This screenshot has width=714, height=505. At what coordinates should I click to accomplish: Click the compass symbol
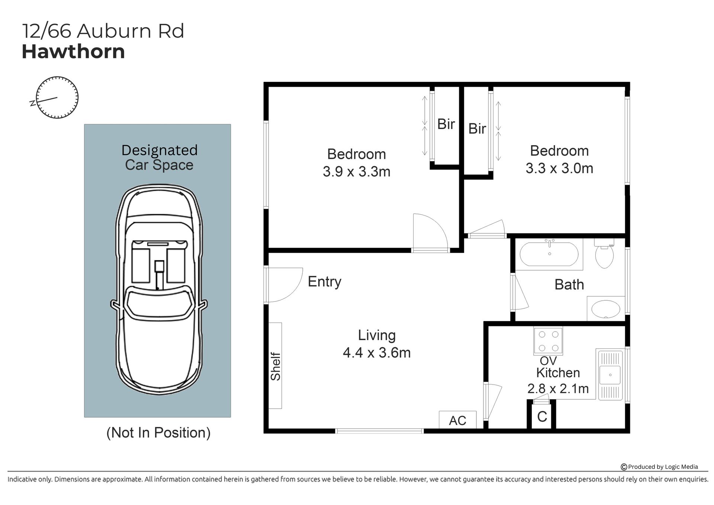[57, 98]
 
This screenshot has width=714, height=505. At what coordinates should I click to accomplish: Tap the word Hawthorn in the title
[73, 51]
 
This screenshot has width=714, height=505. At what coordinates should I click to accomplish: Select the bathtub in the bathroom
[549, 254]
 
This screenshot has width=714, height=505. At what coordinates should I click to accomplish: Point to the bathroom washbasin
[606, 309]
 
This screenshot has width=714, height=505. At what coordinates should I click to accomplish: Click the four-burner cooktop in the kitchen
[548, 341]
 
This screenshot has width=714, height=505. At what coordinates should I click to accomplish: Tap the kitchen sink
[610, 374]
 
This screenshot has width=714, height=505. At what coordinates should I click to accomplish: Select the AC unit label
[457, 421]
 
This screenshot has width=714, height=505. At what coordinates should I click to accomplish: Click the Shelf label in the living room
[276, 366]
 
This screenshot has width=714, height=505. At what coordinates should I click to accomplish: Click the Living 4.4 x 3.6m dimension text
[377, 344]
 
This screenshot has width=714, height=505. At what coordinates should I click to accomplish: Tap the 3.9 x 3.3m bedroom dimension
[357, 172]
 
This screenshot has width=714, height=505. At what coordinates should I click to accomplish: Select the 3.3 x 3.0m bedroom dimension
[559, 168]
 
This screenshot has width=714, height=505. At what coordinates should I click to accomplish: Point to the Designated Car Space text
[159, 157]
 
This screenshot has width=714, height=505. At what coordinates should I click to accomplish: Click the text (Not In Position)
[158, 432]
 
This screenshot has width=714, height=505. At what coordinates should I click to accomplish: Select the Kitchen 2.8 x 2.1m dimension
[558, 381]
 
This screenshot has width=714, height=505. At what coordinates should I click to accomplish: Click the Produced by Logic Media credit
[659, 467]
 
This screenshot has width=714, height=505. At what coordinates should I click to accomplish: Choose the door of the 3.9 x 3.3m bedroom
[431, 233]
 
